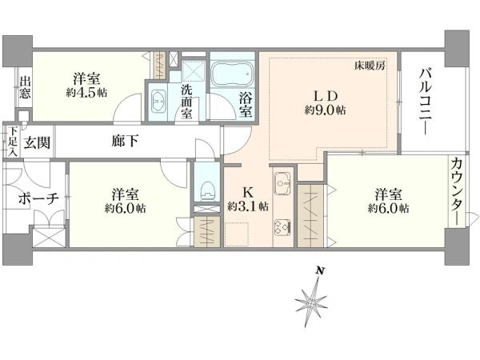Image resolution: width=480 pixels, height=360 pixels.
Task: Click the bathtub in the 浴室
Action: click(x=233, y=74)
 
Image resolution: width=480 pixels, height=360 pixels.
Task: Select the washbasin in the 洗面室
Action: click(x=158, y=101)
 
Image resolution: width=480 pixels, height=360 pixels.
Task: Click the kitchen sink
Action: click(x=282, y=183)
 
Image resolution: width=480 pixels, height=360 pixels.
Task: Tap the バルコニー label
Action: click(x=426, y=102)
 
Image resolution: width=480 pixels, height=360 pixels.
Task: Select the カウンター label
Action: click(x=457, y=192)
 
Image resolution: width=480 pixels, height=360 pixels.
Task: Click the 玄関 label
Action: click(x=37, y=142)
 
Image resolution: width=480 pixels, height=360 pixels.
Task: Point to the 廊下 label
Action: click(x=124, y=141)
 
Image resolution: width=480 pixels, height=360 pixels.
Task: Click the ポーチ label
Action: click(x=38, y=198)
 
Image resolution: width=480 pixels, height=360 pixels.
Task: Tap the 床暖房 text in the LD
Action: click(x=370, y=66)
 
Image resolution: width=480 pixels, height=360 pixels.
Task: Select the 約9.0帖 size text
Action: click(x=326, y=110)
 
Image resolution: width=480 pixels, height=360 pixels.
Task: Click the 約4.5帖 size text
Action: click(x=86, y=93)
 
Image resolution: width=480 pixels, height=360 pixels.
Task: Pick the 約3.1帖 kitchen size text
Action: click(x=248, y=206)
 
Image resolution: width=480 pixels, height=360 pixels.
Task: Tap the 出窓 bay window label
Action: click(x=25, y=87)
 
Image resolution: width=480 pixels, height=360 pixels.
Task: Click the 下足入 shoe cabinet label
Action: click(x=12, y=142)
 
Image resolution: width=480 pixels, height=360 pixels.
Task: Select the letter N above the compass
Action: click(x=320, y=270)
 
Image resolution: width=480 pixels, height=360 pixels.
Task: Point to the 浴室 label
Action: click(x=246, y=105)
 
